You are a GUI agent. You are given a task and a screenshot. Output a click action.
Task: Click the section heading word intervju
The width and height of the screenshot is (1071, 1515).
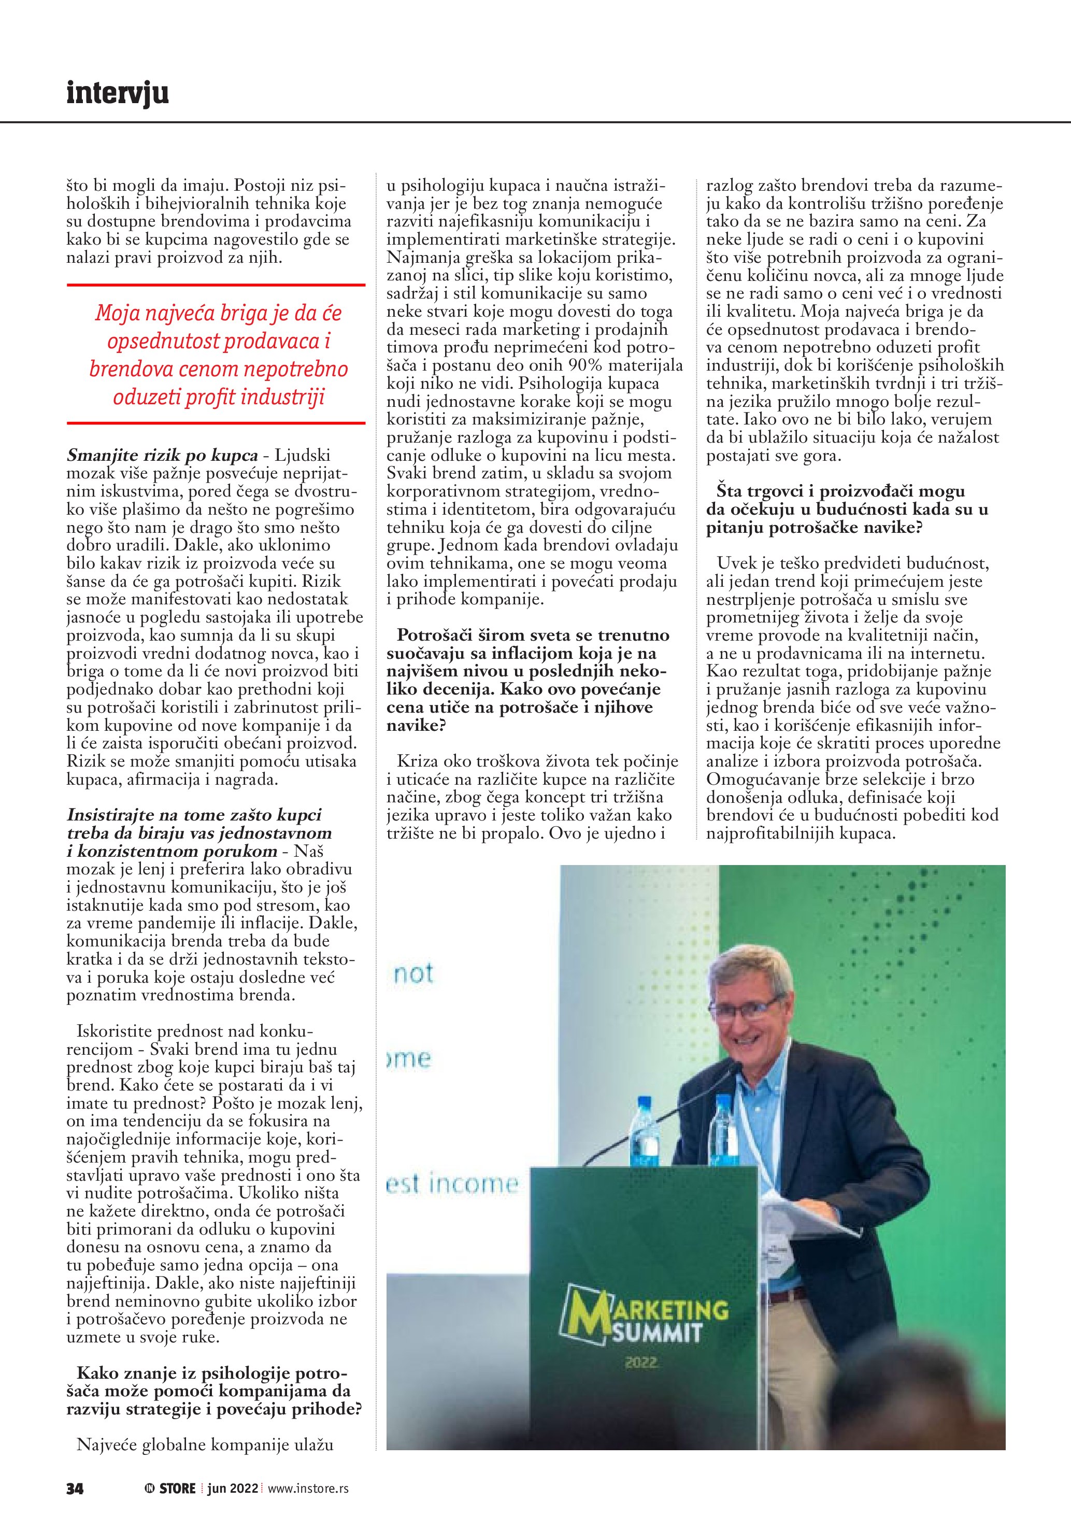118,93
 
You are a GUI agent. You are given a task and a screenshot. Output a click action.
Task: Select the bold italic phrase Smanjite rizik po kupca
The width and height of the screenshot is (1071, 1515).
162,455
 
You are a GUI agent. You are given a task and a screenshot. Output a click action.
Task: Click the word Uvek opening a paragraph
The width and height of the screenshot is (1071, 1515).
737,563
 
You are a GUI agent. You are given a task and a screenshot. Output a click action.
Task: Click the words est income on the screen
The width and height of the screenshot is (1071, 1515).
452,1184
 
